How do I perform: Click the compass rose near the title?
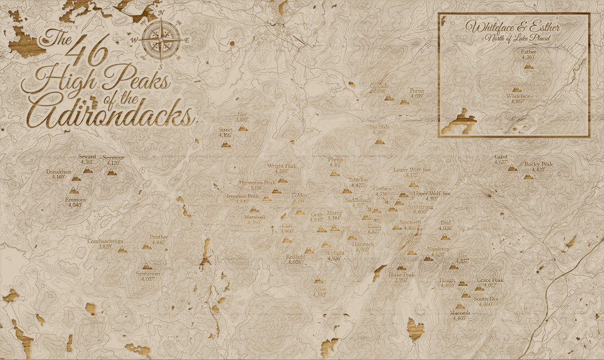coord(161,39)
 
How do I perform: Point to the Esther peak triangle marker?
coord(528,66)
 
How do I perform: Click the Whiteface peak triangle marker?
coord(517,89)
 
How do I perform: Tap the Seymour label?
coord(114,158)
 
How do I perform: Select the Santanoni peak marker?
coord(147,266)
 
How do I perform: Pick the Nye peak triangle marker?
coord(243,128)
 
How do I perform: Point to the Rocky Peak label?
coord(538,164)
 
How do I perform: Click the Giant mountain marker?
coord(512,168)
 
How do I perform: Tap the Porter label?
coord(417,91)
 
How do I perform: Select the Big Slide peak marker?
coord(380,141)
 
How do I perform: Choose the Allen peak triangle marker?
coord(319,281)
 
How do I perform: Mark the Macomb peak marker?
coord(460,306)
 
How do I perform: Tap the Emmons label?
coord(74,200)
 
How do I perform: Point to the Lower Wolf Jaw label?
coord(412,170)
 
